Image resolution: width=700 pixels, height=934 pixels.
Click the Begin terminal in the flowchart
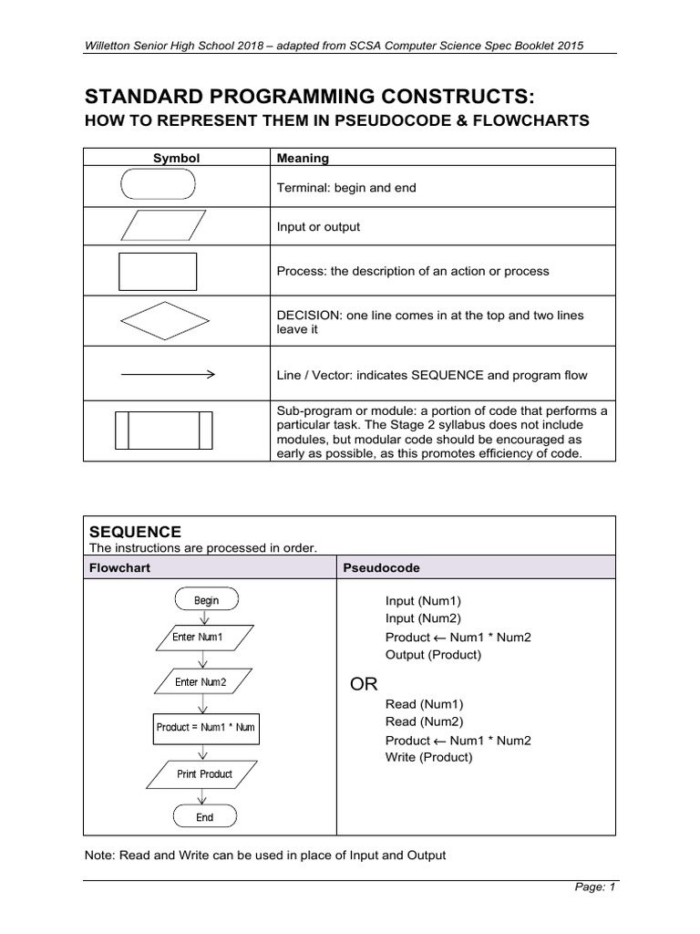(206, 600)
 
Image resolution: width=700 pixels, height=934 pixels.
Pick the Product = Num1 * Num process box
(204, 727)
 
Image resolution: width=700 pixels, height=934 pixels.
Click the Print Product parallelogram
(204, 773)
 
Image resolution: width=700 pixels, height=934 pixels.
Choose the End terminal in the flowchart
(205, 817)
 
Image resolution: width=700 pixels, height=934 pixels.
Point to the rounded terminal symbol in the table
(158, 187)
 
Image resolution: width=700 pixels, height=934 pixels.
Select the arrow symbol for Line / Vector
(167, 374)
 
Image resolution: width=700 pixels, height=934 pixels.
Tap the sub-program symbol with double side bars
(163, 430)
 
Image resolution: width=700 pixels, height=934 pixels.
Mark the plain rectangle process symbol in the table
(158, 271)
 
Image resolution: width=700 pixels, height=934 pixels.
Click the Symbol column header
(176, 158)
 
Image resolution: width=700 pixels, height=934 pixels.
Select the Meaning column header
(304, 158)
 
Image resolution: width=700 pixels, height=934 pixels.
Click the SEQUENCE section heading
(134, 532)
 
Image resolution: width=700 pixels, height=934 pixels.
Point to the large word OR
(365, 684)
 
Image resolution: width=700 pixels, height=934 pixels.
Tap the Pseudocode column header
(381, 567)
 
